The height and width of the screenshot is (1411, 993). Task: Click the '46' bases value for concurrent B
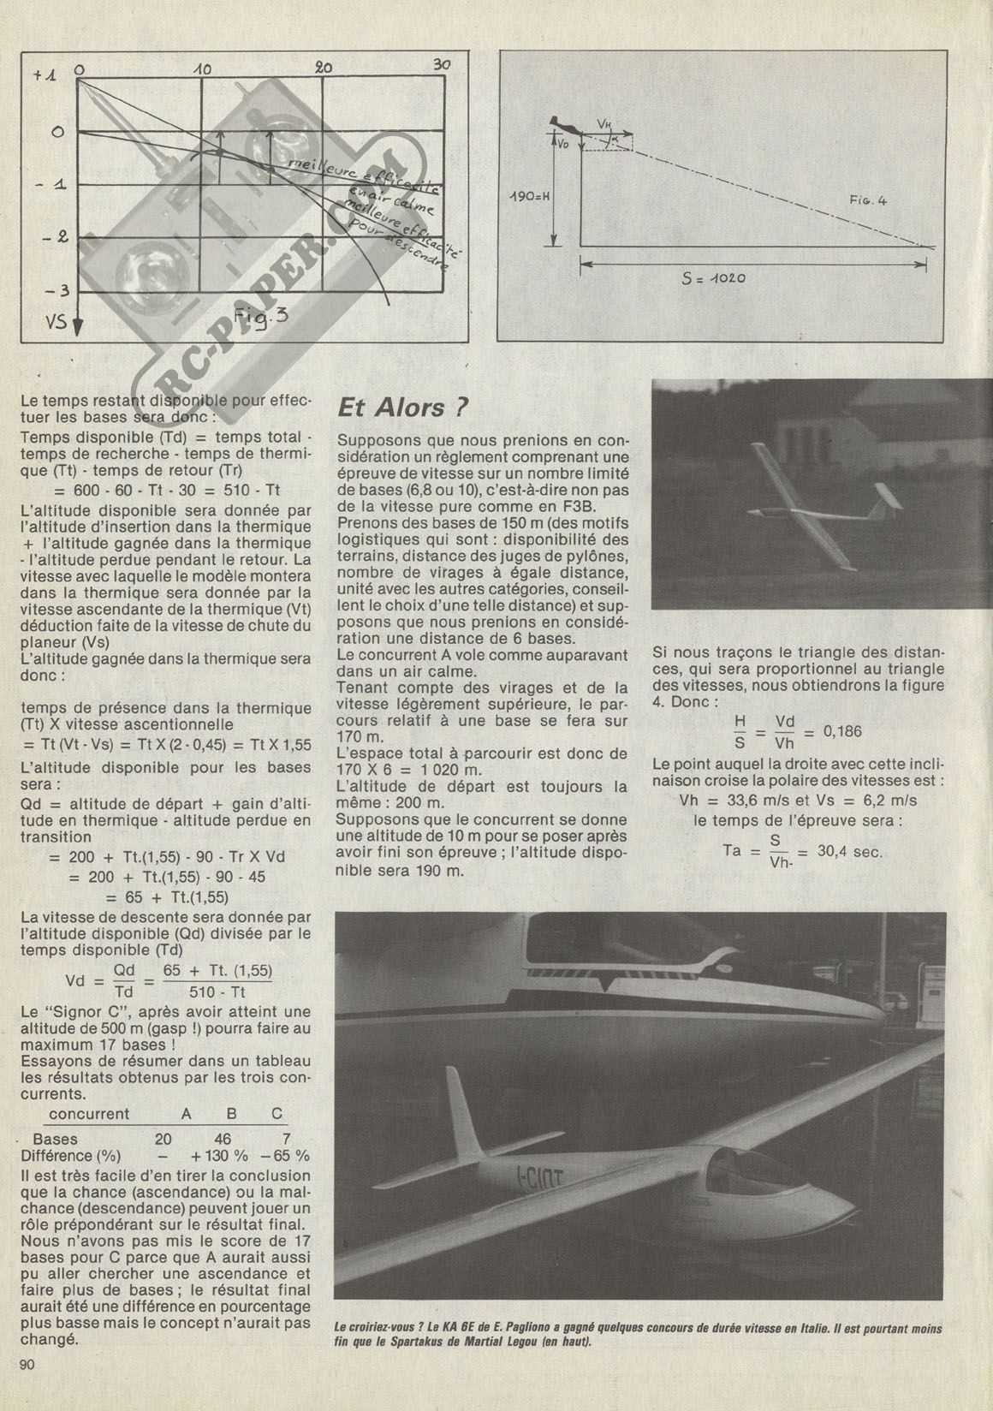pos(223,1139)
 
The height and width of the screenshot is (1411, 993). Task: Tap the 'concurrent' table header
pos(89,1114)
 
